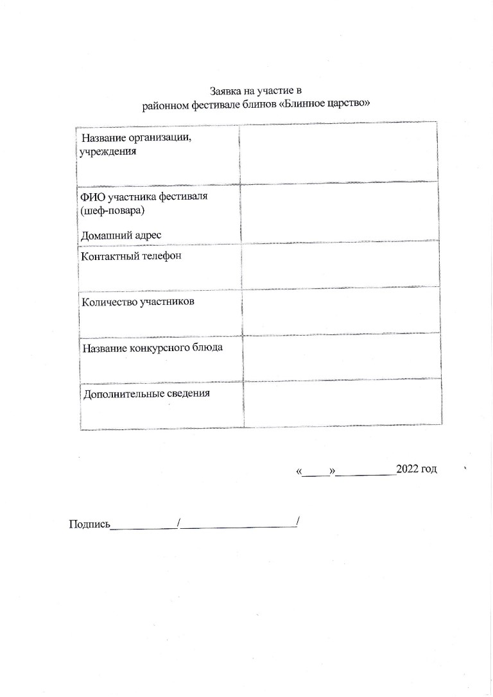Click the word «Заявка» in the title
(225, 91)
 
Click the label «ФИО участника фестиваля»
(144, 195)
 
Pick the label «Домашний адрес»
(119, 235)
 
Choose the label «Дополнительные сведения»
(147, 393)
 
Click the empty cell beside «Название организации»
(338, 151)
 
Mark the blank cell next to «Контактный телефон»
(340, 264)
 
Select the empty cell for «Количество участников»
(341, 310)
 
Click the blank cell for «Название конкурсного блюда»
(342, 356)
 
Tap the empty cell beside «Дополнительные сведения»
(342, 402)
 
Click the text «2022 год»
(417, 469)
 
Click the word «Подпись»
(90, 524)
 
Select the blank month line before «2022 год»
(366, 471)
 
